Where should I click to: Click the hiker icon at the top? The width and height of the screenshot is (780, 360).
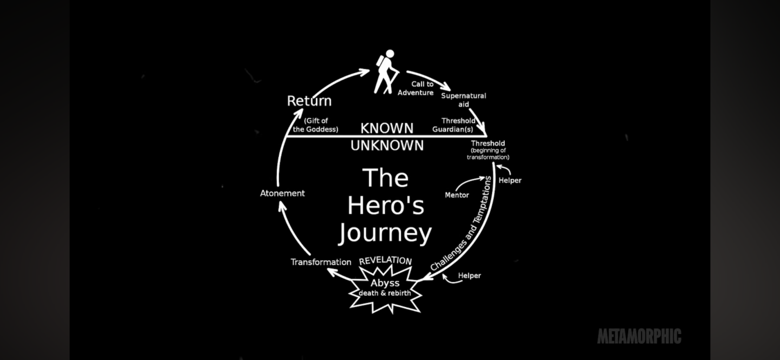pos(387,71)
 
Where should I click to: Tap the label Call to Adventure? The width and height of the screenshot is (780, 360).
pos(416,88)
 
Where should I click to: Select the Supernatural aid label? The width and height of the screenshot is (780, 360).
pos(463,100)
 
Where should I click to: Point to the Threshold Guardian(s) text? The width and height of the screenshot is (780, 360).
pos(454,125)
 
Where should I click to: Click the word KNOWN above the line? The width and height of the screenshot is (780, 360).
pos(387,128)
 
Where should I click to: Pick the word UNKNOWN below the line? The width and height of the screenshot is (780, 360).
pos(387,145)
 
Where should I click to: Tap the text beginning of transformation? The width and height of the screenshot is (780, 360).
pos(487,154)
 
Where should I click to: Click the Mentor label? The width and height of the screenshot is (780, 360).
pos(457,195)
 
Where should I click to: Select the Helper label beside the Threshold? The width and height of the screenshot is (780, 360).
pos(510,180)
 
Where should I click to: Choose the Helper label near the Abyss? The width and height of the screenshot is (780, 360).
pos(469,276)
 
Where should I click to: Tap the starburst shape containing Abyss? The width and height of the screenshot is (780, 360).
pos(385,289)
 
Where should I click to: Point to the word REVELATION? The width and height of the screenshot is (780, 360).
pos(385,260)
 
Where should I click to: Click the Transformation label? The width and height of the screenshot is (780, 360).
pos(321,262)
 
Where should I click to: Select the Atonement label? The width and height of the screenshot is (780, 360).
pos(282,193)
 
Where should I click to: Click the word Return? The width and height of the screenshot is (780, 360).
pos(309,101)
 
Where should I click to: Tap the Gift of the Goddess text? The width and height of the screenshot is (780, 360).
pos(316,125)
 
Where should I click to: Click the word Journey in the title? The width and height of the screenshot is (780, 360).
pos(385,233)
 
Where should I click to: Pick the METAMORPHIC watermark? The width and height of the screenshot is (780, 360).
pos(639,336)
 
